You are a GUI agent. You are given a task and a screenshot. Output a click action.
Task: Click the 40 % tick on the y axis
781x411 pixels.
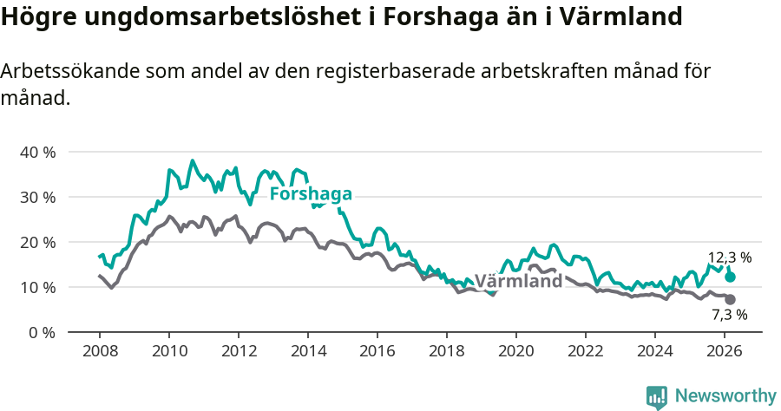[37, 153]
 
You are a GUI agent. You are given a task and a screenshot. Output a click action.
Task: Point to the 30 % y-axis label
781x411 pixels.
[37, 198]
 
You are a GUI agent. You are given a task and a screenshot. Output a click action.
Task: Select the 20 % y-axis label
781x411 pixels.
[37, 243]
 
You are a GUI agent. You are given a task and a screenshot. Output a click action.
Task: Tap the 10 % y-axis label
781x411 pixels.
[37, 288]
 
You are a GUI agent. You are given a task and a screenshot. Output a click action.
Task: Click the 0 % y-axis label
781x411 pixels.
[41, 333]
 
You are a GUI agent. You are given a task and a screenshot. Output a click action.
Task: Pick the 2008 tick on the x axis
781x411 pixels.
[99, 352]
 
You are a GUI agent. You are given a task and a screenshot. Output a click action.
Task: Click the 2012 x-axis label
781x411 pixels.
[238, 352]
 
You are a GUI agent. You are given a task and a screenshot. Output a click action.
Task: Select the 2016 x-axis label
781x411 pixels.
[377, 352]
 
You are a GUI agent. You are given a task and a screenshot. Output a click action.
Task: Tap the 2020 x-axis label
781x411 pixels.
[515, 352]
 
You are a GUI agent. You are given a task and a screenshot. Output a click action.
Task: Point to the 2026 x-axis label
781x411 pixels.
[724, 352]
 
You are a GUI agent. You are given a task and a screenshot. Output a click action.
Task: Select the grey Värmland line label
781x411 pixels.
[519, 281]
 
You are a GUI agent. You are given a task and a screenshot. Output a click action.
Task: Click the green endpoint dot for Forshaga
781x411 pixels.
[731, 277]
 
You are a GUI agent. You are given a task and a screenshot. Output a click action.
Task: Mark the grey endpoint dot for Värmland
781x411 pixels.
[731, 299]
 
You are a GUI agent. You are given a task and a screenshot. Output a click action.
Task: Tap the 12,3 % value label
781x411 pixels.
[729, 258]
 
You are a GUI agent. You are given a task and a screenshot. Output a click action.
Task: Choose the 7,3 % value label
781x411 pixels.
[729, 316]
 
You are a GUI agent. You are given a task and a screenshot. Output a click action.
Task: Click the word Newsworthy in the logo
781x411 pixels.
[725, 395]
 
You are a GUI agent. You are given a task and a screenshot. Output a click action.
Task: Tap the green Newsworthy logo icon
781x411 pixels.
[657, 397]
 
